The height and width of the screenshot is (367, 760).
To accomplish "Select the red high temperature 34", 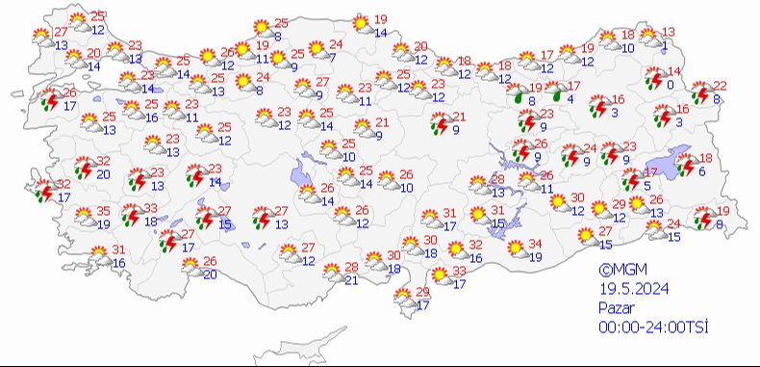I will point(536,243).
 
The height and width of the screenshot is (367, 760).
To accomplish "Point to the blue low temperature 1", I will point(666,44).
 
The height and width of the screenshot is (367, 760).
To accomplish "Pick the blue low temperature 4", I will point(571,98).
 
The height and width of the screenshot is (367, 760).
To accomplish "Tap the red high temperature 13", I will point(669,32).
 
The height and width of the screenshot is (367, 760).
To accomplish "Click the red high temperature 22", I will point(721,86).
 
